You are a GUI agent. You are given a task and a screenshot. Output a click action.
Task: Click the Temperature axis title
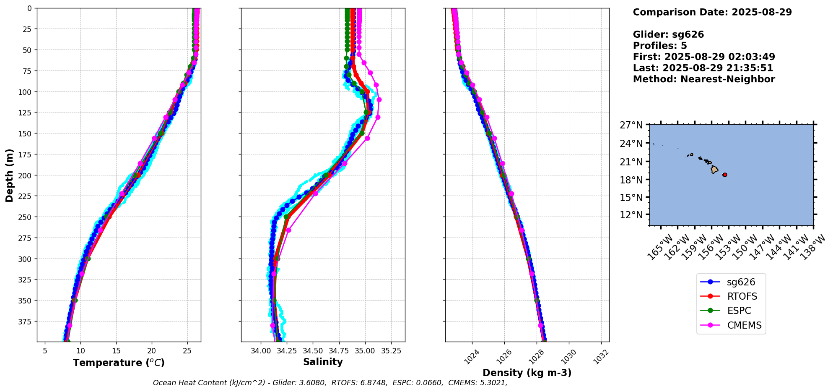coord(119,363)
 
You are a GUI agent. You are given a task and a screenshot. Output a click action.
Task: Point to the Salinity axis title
coord(323,362)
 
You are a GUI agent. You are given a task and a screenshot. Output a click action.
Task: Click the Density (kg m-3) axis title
coord(527,373)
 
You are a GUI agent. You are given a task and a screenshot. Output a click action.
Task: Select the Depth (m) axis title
coord(9,175)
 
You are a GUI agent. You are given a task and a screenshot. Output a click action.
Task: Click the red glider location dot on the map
coord(725,175)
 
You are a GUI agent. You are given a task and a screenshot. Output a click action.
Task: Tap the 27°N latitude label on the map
coord(631,125)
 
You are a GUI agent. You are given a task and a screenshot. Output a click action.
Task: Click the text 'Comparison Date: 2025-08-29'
coord(712,12)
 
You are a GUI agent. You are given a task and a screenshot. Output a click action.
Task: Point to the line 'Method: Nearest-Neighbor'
coord(704,79)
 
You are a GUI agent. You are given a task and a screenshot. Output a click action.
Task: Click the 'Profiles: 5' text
coord(660,45)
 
